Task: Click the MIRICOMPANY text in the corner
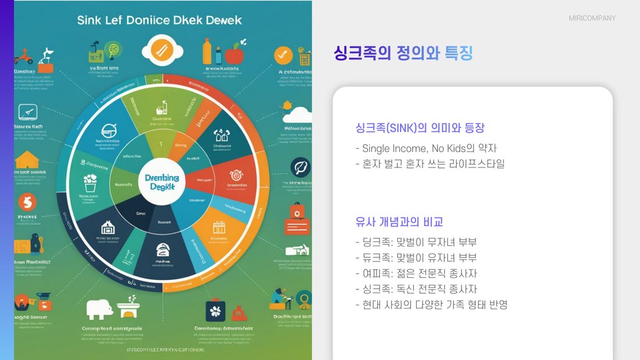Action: click(x=592, y=18)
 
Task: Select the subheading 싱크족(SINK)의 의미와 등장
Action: click(x=420, y=127)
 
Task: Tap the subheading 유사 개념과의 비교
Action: click(x=399, y=222)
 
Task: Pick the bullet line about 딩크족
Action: click(x=416, y=241)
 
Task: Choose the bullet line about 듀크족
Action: click(x=416, y=257)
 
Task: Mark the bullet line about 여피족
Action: click(x=416, y=273)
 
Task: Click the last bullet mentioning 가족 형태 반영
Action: click(x=432, y=305)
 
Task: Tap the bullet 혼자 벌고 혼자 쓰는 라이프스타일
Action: click(x=430, y=163)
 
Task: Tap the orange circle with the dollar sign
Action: click(x=27, y=201)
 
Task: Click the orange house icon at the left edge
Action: click(x=27, y=160)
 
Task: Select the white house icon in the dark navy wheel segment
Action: click(x=107, y=228)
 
